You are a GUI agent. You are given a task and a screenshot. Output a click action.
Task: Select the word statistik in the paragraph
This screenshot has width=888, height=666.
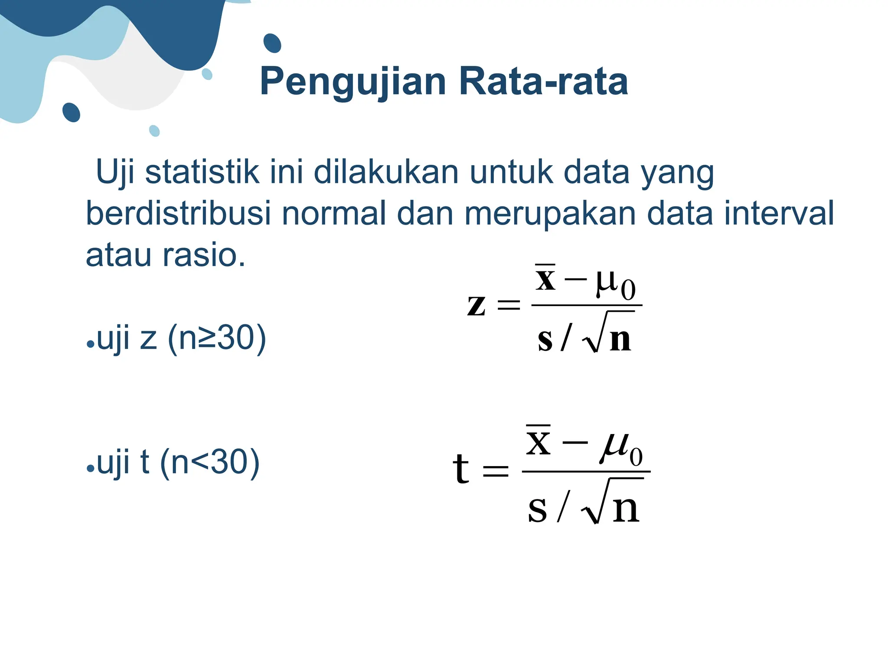pyautogui.click(x=202, y=172)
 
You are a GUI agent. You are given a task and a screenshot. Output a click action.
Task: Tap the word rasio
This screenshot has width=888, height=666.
pyautogui.click(x=204, y=255)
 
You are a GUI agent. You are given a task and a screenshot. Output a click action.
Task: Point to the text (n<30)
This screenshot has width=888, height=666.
pyautogui.click(x=210, y=462)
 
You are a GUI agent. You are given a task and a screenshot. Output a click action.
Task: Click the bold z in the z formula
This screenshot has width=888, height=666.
pyautogui.click(x=476, y=304)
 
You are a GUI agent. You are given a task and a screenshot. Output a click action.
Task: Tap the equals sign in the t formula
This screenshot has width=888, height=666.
pyautogui.click(x=496, y=470)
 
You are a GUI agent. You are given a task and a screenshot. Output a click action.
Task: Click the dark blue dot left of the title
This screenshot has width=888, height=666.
pyautogui.click(x=272, y=43)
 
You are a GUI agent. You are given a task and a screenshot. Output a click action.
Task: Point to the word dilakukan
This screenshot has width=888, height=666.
pyautogui.click(x=386, y=172)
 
